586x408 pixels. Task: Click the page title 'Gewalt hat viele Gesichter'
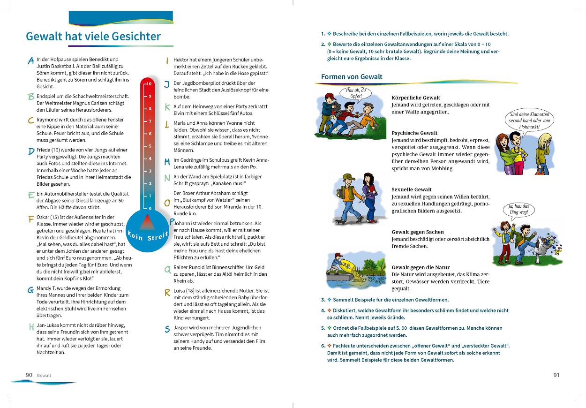tap(93, 37)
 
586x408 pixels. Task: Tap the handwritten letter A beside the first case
tap(31, 60)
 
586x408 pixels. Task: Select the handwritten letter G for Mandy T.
tap(31, 290)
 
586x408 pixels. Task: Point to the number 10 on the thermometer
tap(149, 83)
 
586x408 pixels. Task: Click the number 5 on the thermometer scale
tap(149, 146)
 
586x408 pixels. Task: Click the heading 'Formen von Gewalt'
tap(352, 76)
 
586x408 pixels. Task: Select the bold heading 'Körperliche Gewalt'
tap(416, 98)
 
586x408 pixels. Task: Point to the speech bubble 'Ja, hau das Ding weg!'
tap(518, 210)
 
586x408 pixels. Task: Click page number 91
tap(556, 375)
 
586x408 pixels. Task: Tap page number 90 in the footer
tap(29, 375)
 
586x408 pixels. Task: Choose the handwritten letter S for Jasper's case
tap(167, 329)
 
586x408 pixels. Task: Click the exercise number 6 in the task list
tap(323, 346)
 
